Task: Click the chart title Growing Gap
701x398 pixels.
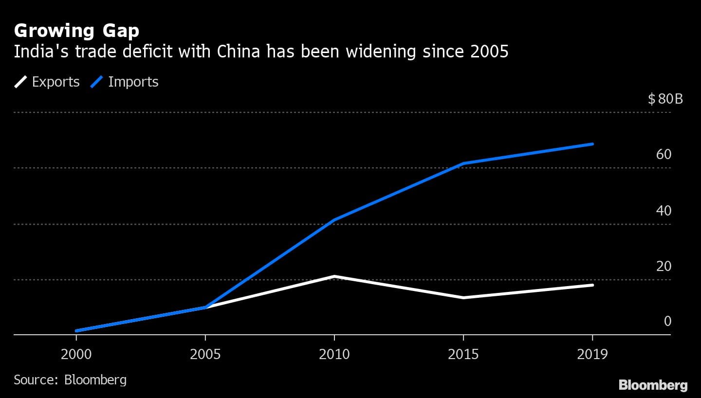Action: point(76,31)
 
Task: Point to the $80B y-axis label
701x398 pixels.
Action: point(665,99)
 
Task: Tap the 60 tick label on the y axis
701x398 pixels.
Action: point(664,155)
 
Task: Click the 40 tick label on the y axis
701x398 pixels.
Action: point(664,211)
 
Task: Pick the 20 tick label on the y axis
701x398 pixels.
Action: point(664,267)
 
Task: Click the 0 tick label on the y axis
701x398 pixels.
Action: point(667,321)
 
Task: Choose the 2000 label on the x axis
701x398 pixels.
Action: point(76,354)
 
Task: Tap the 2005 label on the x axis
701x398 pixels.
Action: point(205,354)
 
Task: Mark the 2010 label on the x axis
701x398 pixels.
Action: point(334,354)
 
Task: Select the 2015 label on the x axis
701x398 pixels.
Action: point(463,354)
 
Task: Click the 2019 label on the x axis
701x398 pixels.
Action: point(592,354)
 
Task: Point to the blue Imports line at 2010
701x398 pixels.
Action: point(334,220)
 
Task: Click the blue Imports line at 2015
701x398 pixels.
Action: point(463,163)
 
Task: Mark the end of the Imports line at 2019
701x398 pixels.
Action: point(592,144)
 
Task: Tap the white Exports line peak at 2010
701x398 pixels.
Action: point(334,276)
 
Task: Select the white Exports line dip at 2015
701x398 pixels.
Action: point(463,297)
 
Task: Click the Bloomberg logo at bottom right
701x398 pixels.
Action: point(653,385)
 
